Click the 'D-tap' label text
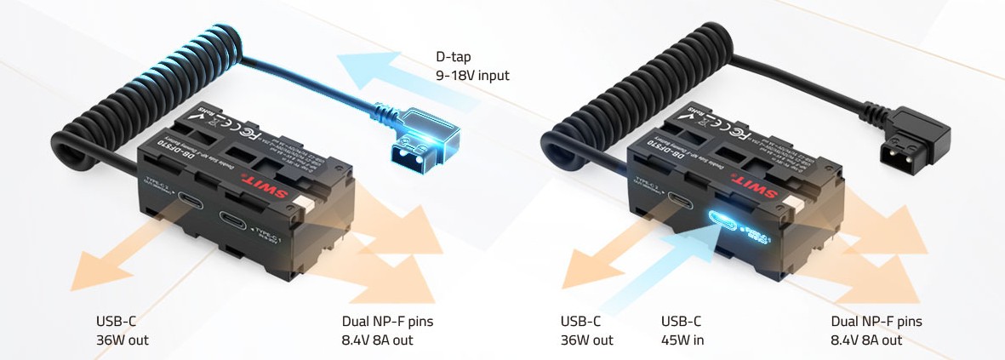[x=453, y=59]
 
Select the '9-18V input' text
[x=471, y=77]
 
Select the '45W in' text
[x=682, y=340]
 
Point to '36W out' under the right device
[x=586, y=340]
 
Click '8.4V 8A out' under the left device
[x=371, y=340]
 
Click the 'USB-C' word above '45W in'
[x=681, y=322]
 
